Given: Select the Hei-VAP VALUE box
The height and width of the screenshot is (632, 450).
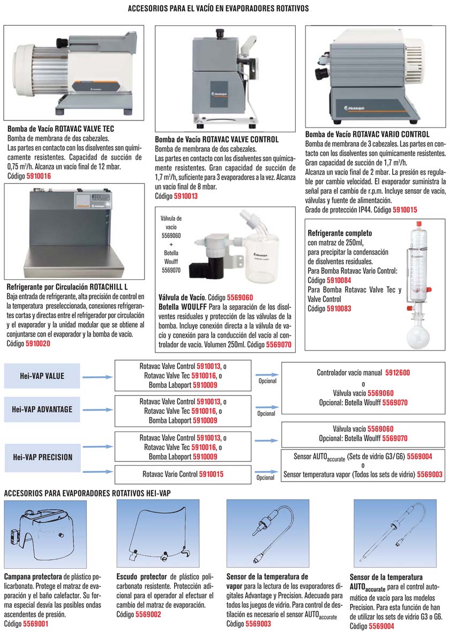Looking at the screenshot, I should tap(42, 376).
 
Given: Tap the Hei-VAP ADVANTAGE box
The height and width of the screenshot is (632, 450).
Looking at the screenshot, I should tap(42, 410).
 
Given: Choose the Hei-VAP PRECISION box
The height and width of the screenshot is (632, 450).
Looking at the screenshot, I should tap(42, 457).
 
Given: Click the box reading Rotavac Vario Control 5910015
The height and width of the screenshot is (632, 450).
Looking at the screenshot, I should tap(183, 474).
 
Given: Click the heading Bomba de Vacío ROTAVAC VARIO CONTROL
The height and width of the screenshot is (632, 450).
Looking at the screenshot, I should tap(367, 134).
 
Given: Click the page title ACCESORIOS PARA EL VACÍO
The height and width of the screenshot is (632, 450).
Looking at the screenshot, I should tap(218, 9).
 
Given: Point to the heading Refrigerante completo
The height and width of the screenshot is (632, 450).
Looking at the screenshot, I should tap(340, 234).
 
